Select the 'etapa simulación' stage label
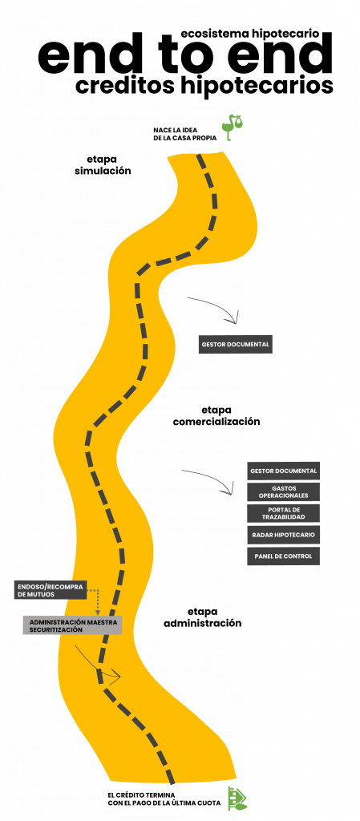[103, 165]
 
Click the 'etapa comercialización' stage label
[216, 415]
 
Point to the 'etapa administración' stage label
[203, 617]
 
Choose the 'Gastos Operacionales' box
[283, 491]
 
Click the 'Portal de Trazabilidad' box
[283, 513]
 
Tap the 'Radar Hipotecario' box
[283, 535]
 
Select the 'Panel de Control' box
[283, 556]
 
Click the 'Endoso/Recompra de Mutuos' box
[50, 590]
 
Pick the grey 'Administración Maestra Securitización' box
[72, 625]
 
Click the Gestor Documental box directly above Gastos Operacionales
[283, 471]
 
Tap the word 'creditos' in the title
[126, 86]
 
